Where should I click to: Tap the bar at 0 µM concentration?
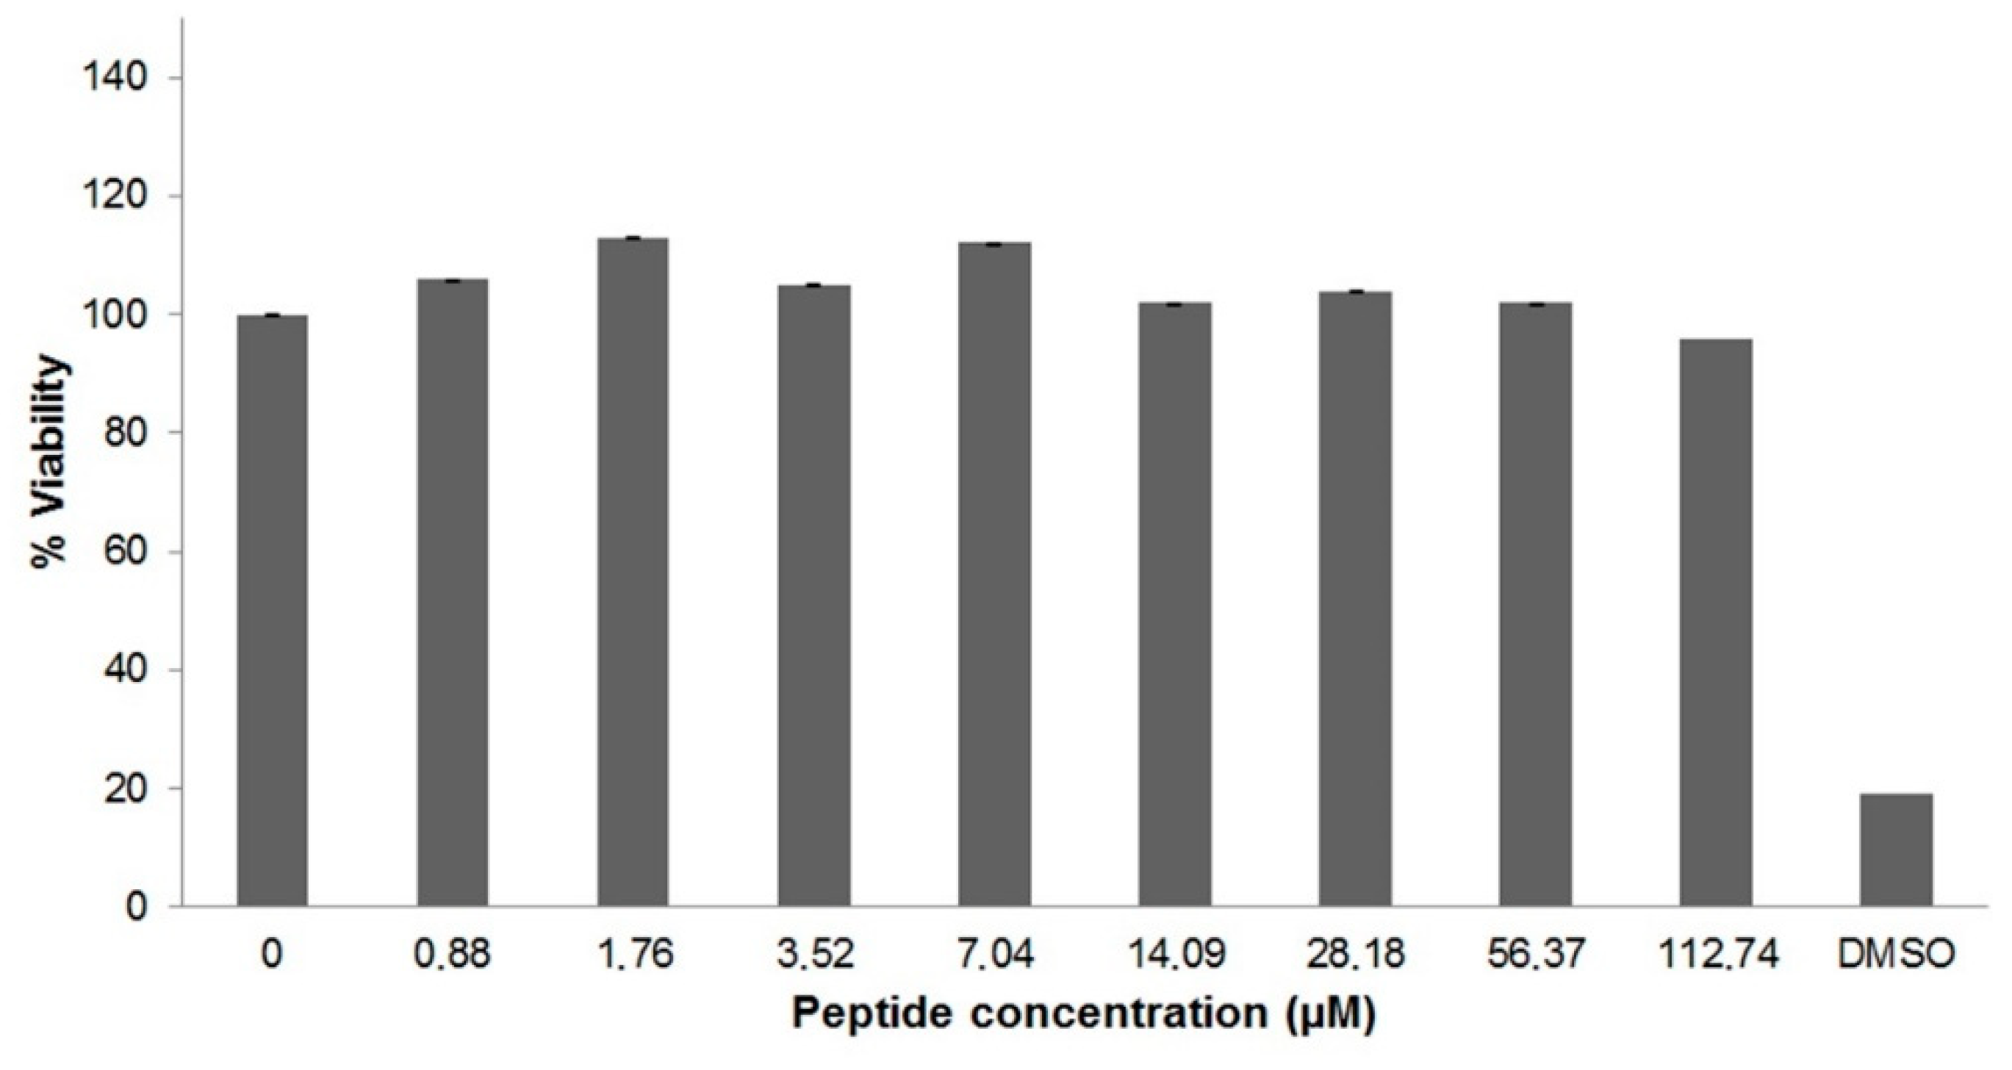[x=272, y=610]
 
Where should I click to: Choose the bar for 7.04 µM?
[x=994, y=574]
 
